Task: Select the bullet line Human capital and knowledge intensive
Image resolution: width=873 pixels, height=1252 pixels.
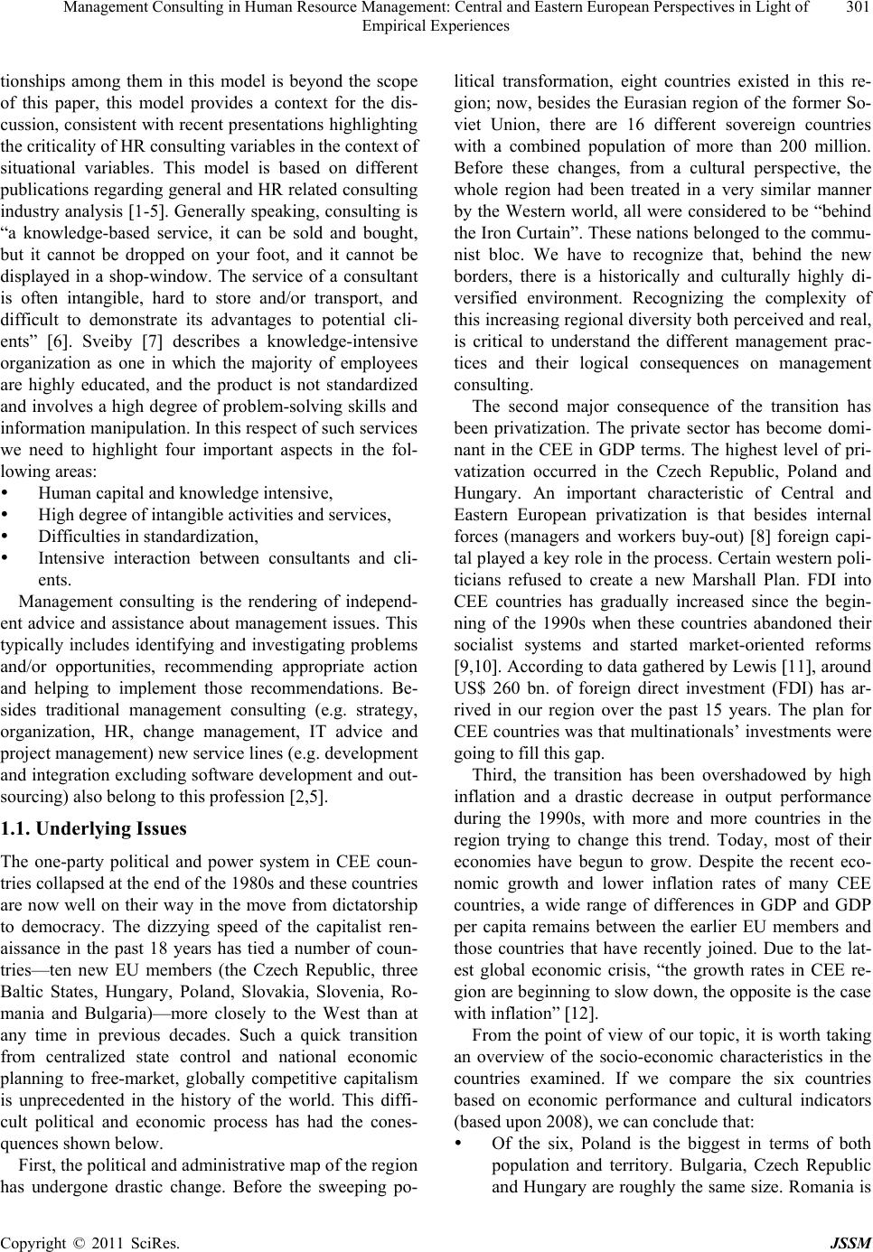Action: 186,493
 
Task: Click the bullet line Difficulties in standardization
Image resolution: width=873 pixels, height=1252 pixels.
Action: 148,537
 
